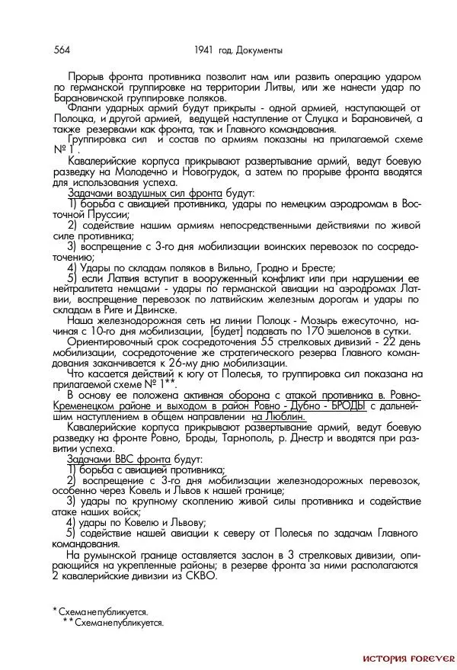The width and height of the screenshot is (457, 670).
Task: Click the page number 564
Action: [62, 50]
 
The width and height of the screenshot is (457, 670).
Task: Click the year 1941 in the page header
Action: [206, 50]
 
